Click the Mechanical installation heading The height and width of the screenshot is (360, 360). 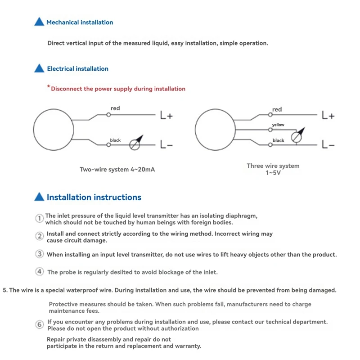(x=80, y=22)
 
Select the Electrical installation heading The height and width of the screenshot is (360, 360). (x=77, y=69)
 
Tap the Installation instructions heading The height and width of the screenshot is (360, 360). (x=94, y=197)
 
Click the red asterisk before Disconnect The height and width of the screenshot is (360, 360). (x=49, y=87)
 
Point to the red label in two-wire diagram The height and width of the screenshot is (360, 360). (x=116, y=108)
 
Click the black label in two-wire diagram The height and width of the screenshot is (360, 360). (x=116, y=140)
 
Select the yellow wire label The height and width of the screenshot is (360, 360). (x=278, y=125)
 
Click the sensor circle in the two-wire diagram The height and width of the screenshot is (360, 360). (x=53, y=129)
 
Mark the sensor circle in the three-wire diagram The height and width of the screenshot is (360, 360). (x=215, y=129)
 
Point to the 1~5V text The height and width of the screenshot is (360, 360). (x=273, y=173)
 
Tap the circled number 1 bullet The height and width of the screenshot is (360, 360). (x=40, y=218)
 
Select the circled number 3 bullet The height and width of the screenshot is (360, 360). (x=40, y=254)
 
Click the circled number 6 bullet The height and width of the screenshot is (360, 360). (x=40, y=324)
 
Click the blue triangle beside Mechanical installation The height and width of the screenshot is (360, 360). (x=39, y=22)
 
